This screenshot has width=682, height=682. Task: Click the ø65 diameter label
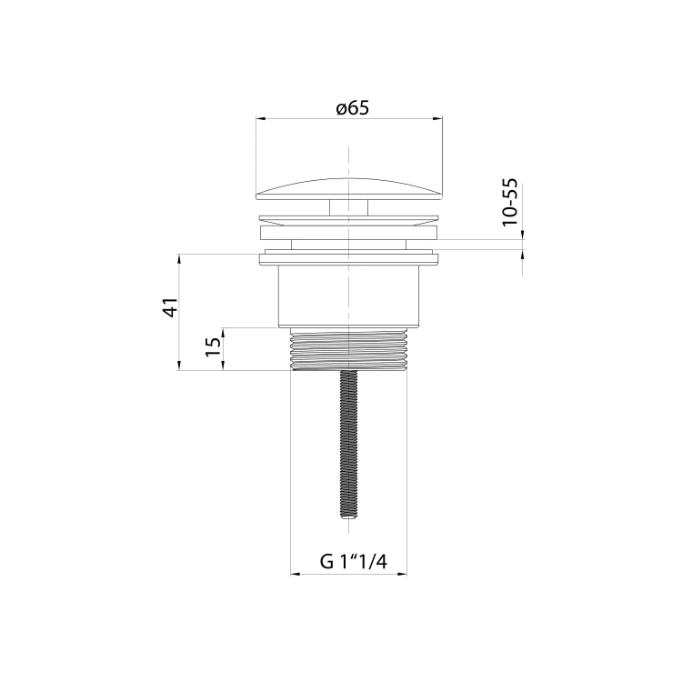(352, 108)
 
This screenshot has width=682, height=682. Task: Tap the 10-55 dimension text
(510, 202)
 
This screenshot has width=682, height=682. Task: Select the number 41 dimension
(171, 307)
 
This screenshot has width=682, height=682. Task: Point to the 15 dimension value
(213, 346)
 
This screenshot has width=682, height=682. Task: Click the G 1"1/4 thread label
(353, 562)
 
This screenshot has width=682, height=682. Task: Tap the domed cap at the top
(349, 189)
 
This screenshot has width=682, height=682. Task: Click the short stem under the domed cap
(349, 207)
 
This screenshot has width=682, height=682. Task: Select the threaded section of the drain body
(349, 349)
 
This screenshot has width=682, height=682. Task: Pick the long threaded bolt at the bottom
(349, 444)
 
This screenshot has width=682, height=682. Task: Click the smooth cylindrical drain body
(349, 296)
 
